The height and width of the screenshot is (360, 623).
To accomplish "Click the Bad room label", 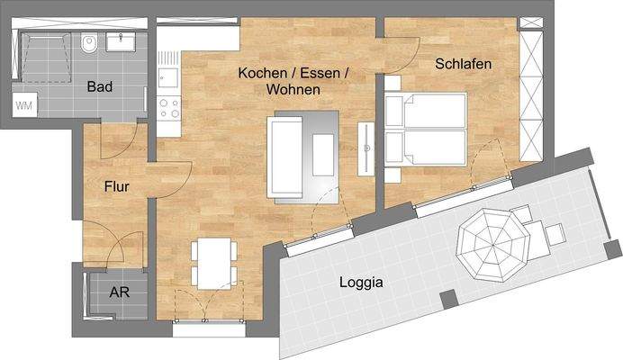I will pos(100,86).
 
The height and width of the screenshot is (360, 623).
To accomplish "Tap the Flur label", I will pos(116,187).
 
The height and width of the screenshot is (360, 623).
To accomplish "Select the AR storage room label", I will pos(119,292).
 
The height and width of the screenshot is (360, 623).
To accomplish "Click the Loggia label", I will pos(361,282).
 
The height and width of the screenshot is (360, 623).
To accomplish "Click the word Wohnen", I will pos(293,90).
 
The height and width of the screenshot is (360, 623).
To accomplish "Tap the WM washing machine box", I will pos(25,105).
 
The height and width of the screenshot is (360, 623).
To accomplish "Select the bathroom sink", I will pos(120,40).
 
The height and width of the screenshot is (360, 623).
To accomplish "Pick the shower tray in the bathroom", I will pos(46,55).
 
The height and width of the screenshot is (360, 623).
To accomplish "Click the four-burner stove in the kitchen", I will pos(168,108).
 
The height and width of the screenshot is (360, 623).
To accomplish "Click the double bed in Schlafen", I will pos(425,129).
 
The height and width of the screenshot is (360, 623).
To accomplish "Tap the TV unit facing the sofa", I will pos(367,147).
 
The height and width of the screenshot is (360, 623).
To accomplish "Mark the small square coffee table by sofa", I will pos(322,155).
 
